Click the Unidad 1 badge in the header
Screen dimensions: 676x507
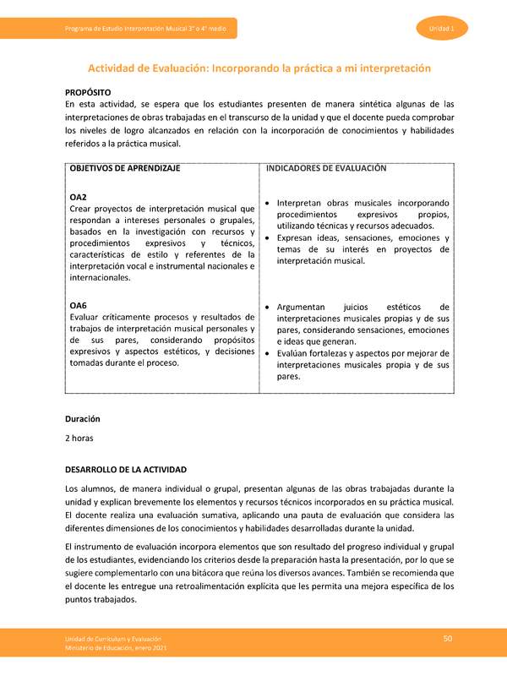click(x=442, y=30)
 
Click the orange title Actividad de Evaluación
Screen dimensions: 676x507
click(x=260, y=67)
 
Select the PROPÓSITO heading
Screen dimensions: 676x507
click(x=88, y=90)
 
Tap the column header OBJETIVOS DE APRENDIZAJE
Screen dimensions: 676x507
click(x=125, y=169)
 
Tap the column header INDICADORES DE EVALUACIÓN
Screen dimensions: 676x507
click(x=326, y=169)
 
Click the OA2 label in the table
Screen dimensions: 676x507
click(x=79, y=197)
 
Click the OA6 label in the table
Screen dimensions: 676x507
click(x=79, y=305)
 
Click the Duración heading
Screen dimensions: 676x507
click(x=83, y=418)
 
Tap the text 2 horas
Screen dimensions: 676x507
click(x=79, y=439)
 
